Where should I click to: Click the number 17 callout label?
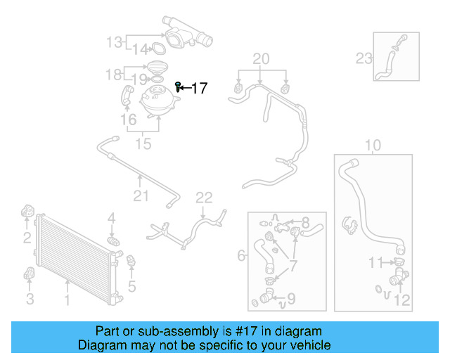pos(199,88)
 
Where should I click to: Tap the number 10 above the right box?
pos(373,146)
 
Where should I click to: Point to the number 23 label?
pos(364,58)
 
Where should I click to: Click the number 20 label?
pos(261,58)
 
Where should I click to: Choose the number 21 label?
pos(141,195)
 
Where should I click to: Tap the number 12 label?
pos(401,300)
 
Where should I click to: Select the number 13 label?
pos(114,42)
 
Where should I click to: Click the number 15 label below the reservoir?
pos(143,144)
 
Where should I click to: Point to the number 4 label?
pos(111,221)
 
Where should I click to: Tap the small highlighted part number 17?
pos(179,86)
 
